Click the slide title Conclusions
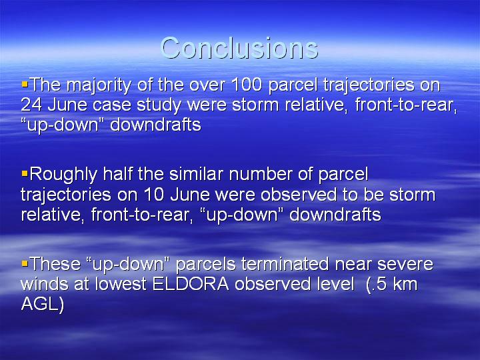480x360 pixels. point(239,48)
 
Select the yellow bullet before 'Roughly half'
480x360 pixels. point(25,173)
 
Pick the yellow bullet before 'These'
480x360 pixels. point(25,263)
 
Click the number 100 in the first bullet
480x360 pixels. point(247,85)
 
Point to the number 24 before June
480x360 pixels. point(31,105)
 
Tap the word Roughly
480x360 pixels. point(64,175)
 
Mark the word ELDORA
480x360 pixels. point(191,284)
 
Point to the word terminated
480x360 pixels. point(285,263)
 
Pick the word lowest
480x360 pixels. point(121,284)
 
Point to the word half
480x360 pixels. point(117,174)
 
